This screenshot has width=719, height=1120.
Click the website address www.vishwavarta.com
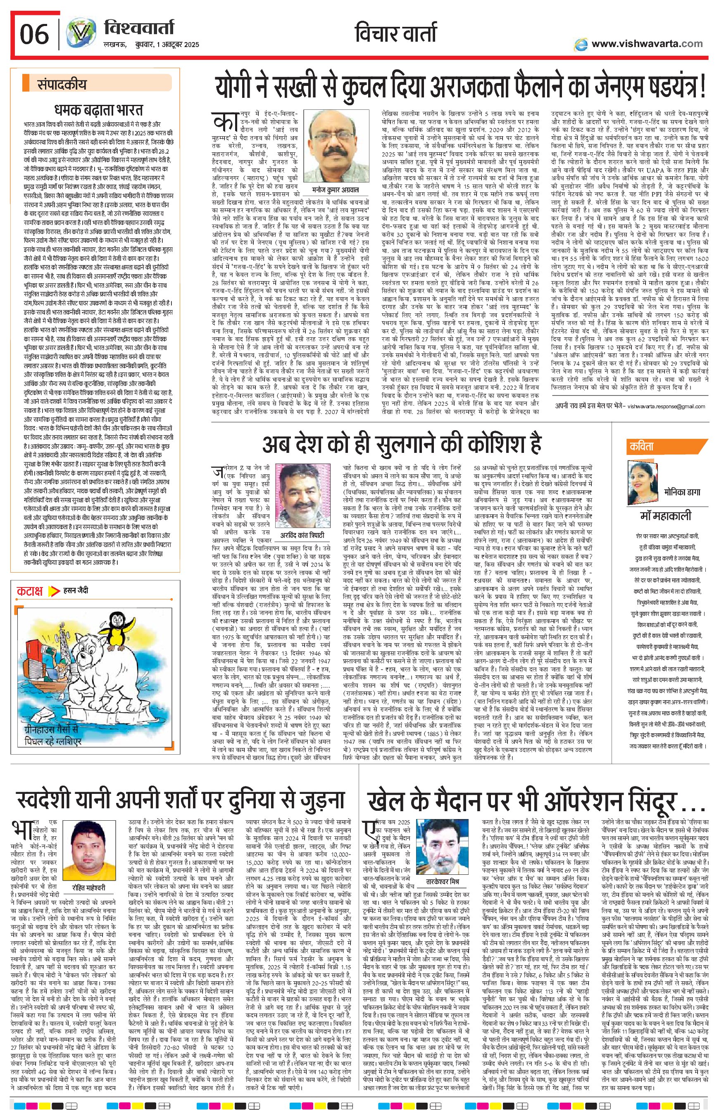pyautogui.click(x=647, y=44)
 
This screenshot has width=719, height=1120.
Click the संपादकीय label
pyautogui.click(x=62, y=85)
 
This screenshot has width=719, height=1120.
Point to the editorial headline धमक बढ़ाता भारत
pyautogui.click(x=98, y=110)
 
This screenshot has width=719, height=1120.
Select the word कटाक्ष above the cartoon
pyautogui.click(x=30, y=591)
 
